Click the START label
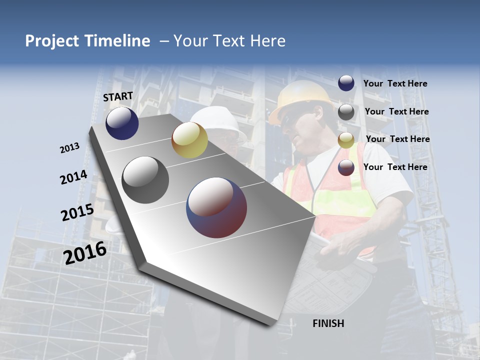pyautogui.click(x=118, y=96)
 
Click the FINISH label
pyautogui.click(x=328, y=323)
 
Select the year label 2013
pyautogui.click(x=69, y=148)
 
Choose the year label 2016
pyautogui.click(x=85, y=253)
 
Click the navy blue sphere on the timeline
pyautogui.click(x=122, y=123)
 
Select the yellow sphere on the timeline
pyautogui.click(x=189, y=140)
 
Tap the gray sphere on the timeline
pyautogui.click(x=145, y=180)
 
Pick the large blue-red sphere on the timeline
pyautogui.click(x=216, y=207)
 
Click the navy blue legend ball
pyautogui.click(x=346, y=83)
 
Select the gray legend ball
pyautogui.click(x=346, y=112)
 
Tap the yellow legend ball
pyautogui.click(x=346, y=140)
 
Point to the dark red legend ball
pyautogui.click(x=346, y=167)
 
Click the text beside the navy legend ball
pyautogui.click(x=395, y=84)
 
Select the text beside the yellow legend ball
pyautogui.click(x=397, y=139)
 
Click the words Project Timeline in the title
pyautogui.click(x=87, y=41)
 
